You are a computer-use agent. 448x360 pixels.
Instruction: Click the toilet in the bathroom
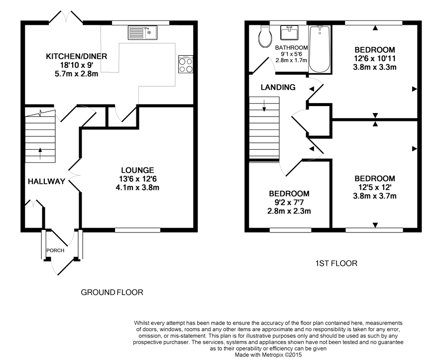click(x=265, y=36)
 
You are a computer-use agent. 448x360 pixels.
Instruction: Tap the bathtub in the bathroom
click(x=320, y=49)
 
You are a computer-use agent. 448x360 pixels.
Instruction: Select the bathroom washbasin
click(x=289, y=32)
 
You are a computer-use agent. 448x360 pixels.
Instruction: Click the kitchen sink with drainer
click(x=142, y=32)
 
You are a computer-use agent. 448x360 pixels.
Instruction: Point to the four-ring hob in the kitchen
click(x=186, y=65)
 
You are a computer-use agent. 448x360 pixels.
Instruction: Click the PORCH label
click(x=55, y=250)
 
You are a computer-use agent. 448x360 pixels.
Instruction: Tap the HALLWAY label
click(x=46, y=181)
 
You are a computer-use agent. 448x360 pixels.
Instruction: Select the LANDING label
click(x=278, y=87)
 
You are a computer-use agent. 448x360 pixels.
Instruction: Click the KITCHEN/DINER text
click(x=76, y=56)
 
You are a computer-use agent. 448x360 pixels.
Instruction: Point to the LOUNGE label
click(x=137, y=170)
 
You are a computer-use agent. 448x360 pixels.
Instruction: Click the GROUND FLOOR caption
click(x=112, y=292)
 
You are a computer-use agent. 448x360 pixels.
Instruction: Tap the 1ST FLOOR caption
click(x=336, y=263)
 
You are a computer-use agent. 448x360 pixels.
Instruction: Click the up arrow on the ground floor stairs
click(x=40, y=153)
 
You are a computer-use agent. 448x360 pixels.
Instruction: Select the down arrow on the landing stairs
click(x=264, y=106)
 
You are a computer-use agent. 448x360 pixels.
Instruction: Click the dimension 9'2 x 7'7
click(x=289, y=203)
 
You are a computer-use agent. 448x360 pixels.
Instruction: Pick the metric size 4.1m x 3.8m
click(x=137, y=188)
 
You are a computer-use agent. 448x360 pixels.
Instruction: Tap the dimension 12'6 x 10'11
click(x=374, y=59)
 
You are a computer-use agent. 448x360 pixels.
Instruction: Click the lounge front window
click(x=138, y=230)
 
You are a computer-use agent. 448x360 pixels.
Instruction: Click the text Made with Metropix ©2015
click(x=268, y=355)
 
